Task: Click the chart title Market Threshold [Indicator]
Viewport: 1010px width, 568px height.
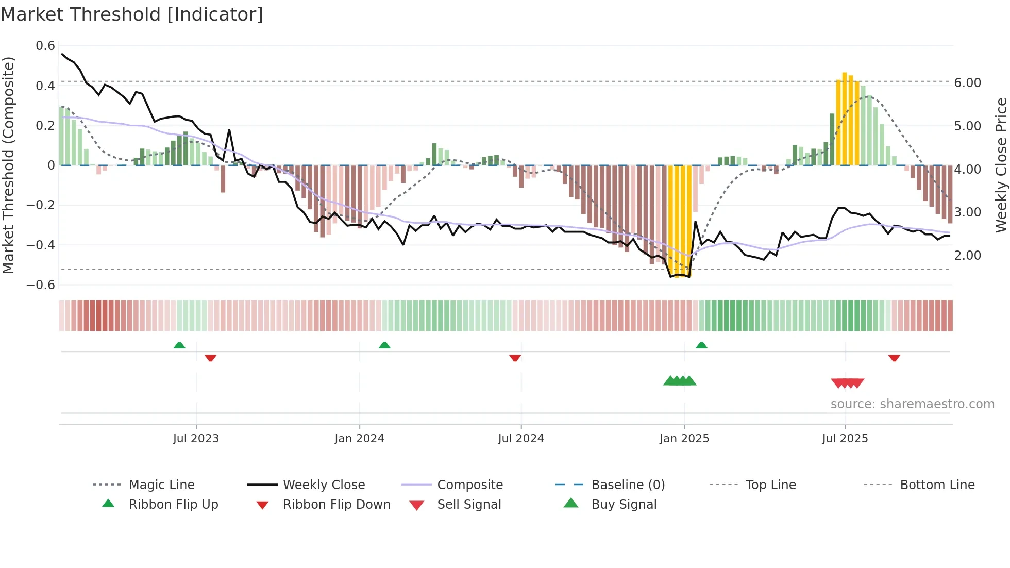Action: click(132, 14)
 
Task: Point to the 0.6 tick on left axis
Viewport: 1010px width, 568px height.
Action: click(45, 46)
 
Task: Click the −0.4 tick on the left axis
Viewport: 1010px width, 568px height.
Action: click(41, 245)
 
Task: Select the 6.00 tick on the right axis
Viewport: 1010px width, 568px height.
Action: click(967, 82)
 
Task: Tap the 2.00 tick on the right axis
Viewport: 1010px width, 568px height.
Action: click(967, 255)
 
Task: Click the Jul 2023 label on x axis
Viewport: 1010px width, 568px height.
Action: click(196, 439)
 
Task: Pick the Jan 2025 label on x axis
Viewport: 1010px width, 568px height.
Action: click(684, 439)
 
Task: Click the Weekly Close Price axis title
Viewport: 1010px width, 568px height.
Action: click(1001, 165)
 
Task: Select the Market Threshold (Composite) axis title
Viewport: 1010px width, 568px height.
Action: click(8, 165)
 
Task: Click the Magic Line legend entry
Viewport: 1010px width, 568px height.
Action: click(161, 485)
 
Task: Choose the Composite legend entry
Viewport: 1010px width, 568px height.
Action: click(469, 485)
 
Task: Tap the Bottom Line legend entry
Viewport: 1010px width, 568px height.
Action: click(937, 485)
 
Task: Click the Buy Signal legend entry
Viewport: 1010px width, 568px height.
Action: click(624, 505)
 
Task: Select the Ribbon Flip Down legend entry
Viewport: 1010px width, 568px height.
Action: click(336, 505)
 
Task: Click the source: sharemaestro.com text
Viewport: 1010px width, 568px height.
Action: click(912, 404)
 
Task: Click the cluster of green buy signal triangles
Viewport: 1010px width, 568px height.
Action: click(679, 381)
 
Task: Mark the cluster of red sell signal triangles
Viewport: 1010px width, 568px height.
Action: click(847, 383)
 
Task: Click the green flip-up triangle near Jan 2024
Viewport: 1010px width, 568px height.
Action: click(384, 345)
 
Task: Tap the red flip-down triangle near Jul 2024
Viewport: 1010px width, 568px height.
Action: click(515, 358)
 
